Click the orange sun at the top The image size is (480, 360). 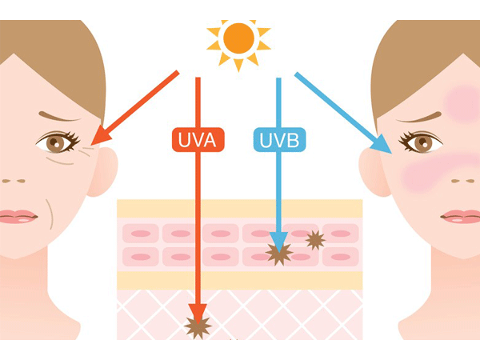click(238, 38)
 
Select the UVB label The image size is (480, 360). click(278, 141)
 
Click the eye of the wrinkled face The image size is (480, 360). click(56, 143)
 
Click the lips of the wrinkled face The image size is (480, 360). click(16, 216)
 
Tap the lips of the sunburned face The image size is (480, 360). click(462, 216)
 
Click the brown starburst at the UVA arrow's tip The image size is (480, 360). click(196, 326)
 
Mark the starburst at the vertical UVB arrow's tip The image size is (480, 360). click(278, 254)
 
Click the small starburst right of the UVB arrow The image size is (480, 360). click(314, 239)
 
